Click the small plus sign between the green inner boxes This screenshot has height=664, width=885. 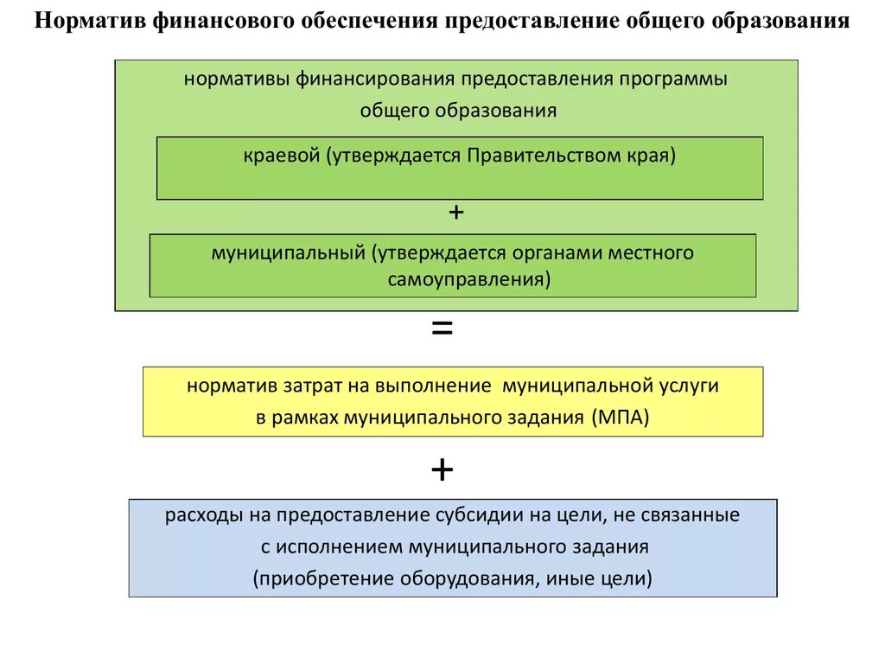point(456,212)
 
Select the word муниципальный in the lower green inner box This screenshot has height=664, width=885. point(289,253)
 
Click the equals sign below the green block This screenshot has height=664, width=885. point(442,329)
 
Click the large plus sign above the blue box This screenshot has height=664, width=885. point(442,469)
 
